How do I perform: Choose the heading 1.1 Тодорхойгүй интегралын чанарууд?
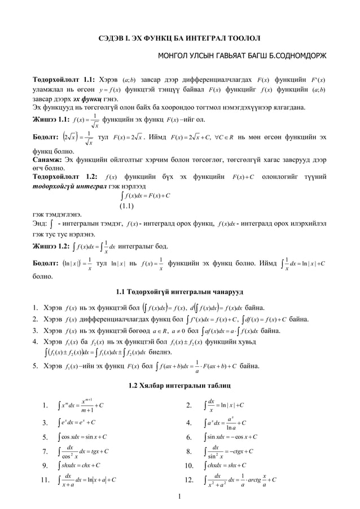coord(179,292)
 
